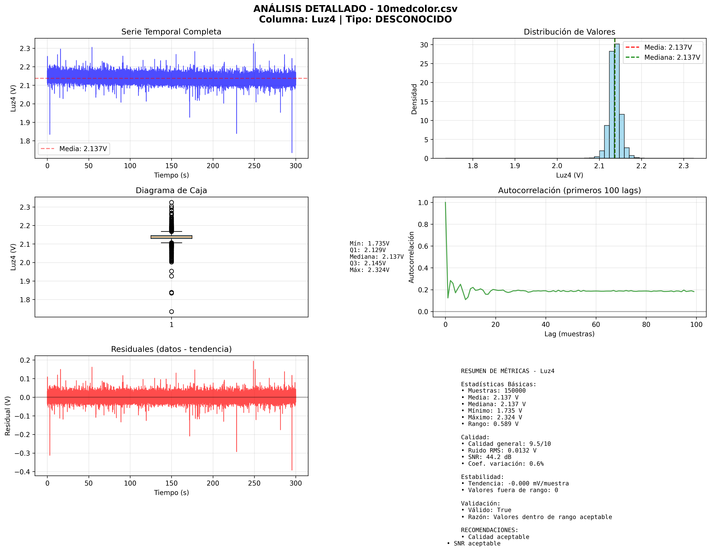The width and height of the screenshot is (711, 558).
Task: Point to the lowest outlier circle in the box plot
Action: point(171,312)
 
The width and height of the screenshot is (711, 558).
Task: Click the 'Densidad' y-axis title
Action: point(414,99)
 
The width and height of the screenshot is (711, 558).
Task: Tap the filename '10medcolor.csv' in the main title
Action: point(417,9)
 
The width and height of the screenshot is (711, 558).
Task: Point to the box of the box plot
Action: point(171,237)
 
